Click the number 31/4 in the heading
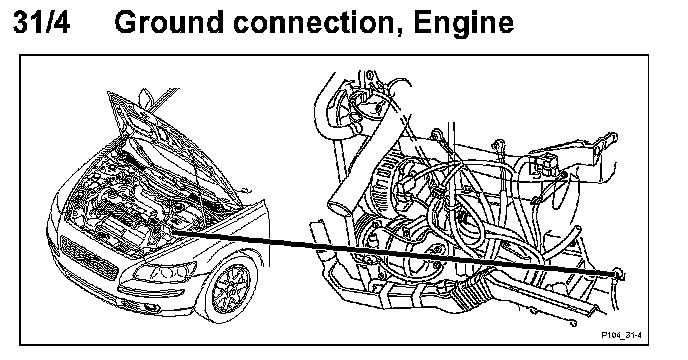coord(41,23)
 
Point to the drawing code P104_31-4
coord(621,335)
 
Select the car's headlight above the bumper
coord(166,272)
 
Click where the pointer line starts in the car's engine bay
coord(172,232)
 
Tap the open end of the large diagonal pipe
coord(339,206)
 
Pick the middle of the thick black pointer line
coord(395,253)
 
